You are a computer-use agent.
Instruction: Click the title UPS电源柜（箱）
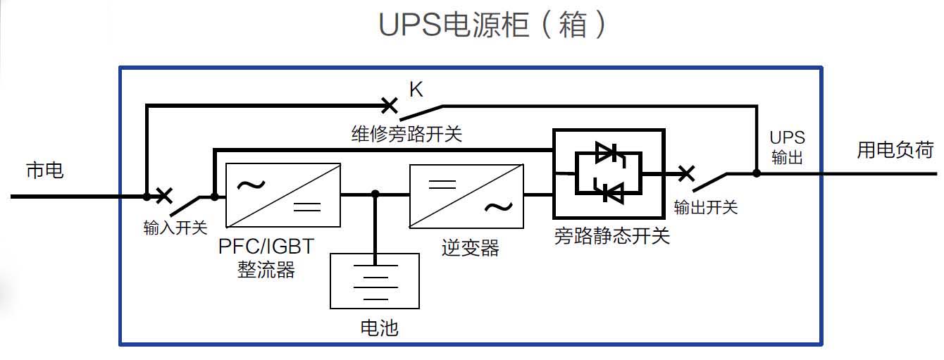(492, 25)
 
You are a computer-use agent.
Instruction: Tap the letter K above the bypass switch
(416, 89)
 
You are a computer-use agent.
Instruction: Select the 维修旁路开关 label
(406, 134)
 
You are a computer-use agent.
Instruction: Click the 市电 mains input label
(44, 170)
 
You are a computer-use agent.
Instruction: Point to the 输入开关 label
(175, 228)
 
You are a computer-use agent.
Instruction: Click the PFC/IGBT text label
(266, 246)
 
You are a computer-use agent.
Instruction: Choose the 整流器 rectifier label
(266, 270)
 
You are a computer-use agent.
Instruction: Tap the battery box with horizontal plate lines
(375, 281)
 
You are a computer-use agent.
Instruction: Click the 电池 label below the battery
(379, 328)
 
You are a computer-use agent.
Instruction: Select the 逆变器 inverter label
(471, 248)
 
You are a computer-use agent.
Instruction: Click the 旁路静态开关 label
(612, 236)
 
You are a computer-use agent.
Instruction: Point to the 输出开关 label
(706, 207)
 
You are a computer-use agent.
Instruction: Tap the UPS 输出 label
(787, 147)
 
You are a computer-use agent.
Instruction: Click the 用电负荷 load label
(895, 150)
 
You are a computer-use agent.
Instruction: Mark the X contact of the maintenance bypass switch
(389, 106)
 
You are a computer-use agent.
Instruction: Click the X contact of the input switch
(164, 196)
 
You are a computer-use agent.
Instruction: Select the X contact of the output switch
(686, 173)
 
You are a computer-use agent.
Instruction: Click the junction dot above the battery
(375, 194)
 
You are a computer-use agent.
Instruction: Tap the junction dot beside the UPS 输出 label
(757, 173)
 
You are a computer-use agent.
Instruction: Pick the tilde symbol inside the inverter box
(499, 207)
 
